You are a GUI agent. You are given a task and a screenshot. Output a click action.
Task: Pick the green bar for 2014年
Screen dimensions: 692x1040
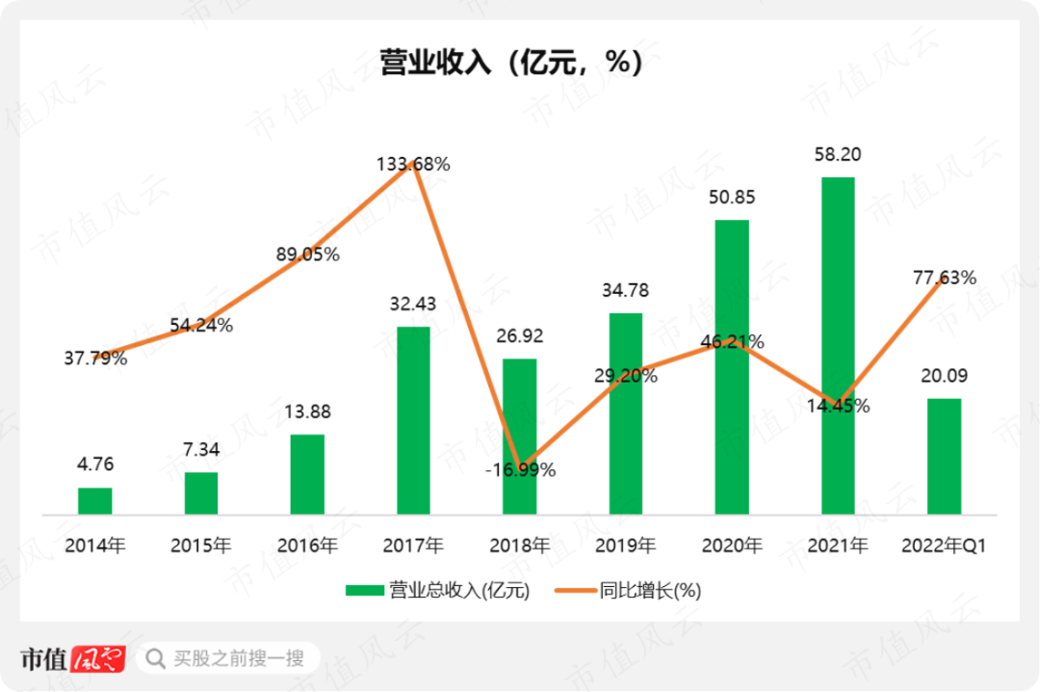95,500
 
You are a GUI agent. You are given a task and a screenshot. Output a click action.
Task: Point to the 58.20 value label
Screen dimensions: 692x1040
837,154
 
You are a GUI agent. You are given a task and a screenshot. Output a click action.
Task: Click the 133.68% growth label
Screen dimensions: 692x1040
413,164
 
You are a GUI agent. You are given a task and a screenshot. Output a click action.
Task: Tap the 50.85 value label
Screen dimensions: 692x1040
732,198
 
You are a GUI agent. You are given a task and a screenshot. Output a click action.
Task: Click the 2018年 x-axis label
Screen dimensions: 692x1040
519,546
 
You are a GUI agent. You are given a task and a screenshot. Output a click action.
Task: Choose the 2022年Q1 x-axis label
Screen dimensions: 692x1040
944,546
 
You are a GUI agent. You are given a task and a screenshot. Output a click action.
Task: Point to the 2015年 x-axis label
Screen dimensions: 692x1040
201,546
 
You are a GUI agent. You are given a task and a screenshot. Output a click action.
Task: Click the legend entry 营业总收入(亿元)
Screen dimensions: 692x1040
437,591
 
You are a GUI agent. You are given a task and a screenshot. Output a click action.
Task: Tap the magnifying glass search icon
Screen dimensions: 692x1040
154,659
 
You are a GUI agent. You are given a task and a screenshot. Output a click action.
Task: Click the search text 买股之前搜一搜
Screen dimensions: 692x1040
239,659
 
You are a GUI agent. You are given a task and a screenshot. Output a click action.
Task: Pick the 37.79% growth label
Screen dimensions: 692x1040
95,359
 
